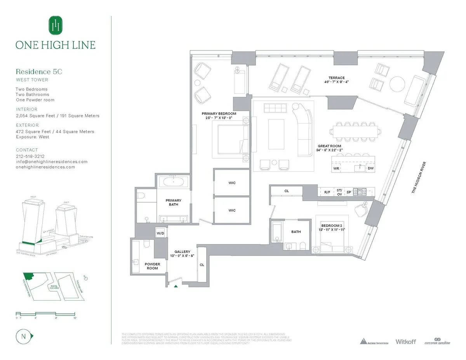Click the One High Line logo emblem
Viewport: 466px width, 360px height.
coord(56,25)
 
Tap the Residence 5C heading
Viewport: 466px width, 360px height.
coord(39,71)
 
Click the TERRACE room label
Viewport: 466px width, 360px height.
coord(336,78)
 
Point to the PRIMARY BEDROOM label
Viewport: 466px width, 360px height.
coord(219,113)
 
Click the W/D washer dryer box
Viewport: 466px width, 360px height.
coord(160,233)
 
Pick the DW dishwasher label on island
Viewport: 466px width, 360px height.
coord(370,168)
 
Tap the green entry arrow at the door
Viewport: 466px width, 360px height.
coord(176,286)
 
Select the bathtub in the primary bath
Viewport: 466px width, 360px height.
coord(174,181)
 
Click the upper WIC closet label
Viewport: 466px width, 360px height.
coord(232,183)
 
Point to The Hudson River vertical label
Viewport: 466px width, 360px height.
coord(419,177)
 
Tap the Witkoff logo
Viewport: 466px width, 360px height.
coord(405,341)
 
